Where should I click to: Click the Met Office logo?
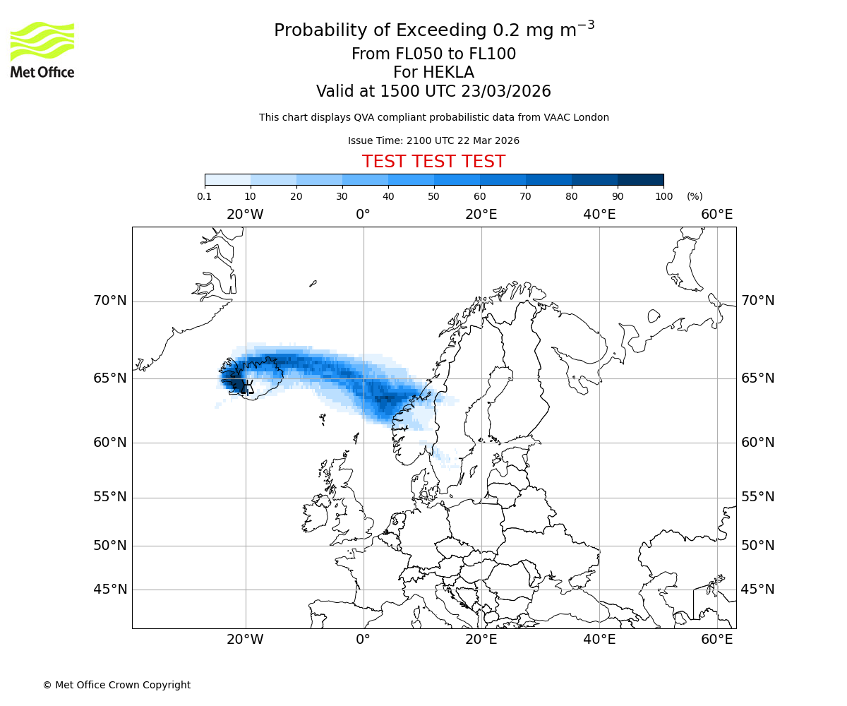click(x=42, y=49)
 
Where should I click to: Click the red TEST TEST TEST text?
click(x=433, y=162)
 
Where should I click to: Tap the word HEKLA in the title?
click(x=433, y=73)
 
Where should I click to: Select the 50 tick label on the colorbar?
click(x=433, y=197)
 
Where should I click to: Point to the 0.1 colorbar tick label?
click(x=205, y=197)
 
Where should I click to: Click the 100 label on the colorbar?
click(x=663, y=197)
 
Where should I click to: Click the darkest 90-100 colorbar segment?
click(x=640, y=180)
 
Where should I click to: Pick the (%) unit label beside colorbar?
click(x=695, y=197)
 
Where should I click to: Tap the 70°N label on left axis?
click(x=110, y=301)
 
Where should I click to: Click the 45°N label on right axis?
click(x=757, y=590)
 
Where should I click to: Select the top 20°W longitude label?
click(x=245, y=215)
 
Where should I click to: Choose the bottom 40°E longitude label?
click(x=599, y=640)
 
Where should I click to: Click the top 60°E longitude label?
click(x=716, y=215)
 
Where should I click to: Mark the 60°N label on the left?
click(x=110, y=443)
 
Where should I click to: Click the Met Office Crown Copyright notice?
click(x=116, y=685)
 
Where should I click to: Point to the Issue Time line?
click(x=433, y=141)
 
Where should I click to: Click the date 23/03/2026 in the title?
click(x=506, y=92)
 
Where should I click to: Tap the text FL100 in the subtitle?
click(x=492, y=54)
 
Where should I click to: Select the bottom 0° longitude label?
click(x=363, y=640)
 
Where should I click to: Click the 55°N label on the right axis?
click(x=757, y=497)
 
